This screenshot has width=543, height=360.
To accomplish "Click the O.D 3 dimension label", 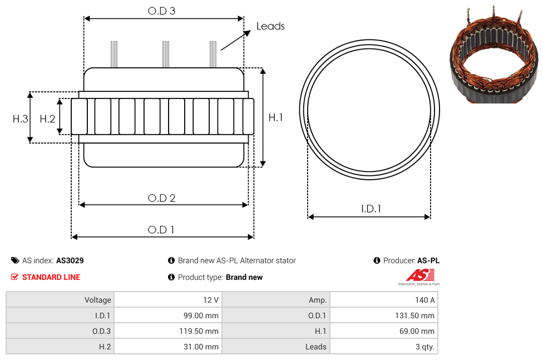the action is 161,11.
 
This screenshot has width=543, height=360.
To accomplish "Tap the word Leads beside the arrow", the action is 270,26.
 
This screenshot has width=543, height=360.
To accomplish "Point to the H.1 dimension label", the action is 275,117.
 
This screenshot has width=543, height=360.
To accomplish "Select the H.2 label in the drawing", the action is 47,119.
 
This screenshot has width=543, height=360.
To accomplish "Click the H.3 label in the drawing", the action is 20,119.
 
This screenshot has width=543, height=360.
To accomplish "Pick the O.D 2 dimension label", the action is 161,198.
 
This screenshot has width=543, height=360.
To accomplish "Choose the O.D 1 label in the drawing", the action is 161,230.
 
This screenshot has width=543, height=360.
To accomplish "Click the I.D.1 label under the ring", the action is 371,209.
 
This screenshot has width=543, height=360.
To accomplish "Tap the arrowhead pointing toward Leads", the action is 247,33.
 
